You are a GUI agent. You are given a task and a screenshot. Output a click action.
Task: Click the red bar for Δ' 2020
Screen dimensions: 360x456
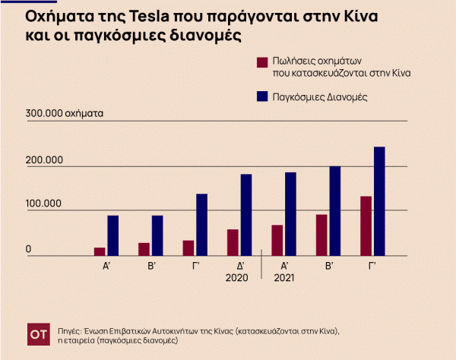click(233, 242)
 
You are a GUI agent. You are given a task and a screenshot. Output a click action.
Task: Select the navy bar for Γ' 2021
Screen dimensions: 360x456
click(378, 201)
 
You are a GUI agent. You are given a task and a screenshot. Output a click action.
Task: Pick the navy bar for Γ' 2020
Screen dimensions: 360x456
click(201, 225)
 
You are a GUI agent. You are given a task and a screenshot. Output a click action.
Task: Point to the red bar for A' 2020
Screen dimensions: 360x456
click(100, 251)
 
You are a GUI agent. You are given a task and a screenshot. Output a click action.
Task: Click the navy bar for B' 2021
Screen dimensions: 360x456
click(334, 211)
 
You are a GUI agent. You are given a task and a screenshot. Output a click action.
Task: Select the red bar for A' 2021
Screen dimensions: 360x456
click(277, 240)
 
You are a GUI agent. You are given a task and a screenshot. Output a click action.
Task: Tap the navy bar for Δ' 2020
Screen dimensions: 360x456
click(245, 215)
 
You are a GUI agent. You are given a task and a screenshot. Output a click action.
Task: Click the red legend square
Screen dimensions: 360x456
click(262, 62)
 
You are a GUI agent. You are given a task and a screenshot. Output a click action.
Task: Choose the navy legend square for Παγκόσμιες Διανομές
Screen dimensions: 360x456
click(262, 96)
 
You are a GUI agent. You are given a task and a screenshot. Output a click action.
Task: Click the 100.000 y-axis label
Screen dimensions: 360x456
click(45, 204)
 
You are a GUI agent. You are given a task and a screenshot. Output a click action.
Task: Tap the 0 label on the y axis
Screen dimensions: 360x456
click(29, 249)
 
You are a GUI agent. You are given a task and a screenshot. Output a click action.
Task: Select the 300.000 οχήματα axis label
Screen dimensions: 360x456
click(65, 113)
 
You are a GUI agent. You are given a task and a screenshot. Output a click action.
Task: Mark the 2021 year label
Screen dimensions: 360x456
click(284, 278)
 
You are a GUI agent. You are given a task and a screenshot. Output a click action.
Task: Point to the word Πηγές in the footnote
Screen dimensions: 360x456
click(70, 330)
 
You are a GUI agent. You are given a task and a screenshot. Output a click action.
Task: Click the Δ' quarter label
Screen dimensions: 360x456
click(240, 266)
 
